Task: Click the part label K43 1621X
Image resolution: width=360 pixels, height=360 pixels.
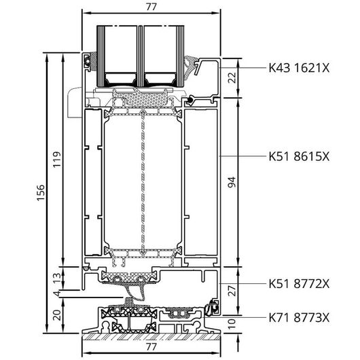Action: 299,68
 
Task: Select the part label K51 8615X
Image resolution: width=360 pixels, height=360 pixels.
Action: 299,157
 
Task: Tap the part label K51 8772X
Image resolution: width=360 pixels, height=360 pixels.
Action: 299,284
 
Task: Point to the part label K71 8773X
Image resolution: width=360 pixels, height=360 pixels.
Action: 299,318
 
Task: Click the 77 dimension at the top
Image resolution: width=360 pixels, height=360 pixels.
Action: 151,7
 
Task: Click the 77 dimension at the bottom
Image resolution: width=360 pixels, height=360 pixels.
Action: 151,346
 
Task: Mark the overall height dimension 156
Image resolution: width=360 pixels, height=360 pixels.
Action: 40,192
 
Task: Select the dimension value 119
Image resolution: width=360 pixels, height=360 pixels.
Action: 57,160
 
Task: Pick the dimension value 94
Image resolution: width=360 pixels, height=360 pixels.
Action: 232,182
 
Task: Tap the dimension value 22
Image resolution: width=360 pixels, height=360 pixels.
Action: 232,77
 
